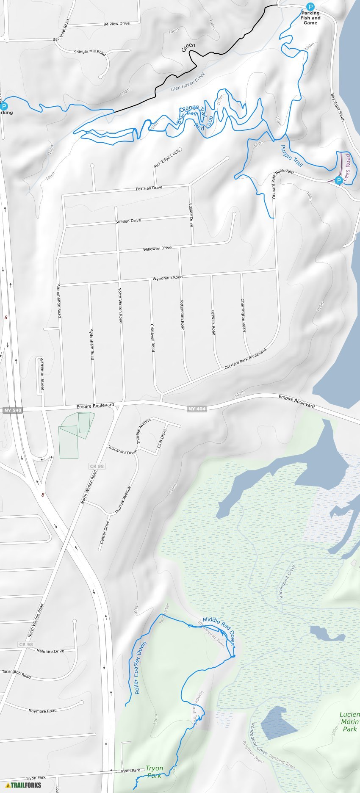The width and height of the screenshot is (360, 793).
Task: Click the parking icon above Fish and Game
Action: [310, 7]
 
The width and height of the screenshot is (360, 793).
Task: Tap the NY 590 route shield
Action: [11, 410]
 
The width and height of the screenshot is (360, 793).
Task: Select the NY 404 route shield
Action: [197, 409]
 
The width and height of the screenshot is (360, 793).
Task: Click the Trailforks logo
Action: [23, 785]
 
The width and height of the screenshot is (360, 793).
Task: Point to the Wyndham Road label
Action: [167, 278]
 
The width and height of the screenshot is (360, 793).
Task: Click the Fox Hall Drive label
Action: [149, 188]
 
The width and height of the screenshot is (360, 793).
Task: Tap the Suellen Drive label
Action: [128, 221]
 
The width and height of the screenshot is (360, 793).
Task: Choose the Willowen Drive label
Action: [157, 249]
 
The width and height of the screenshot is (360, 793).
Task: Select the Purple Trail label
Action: [292, 156]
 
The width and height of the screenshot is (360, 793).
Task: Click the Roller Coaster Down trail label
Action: [140, 668]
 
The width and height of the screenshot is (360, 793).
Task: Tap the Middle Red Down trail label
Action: [219, 627]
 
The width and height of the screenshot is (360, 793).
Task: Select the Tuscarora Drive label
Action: [123, 450]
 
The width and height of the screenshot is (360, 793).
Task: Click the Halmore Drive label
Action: [50, 651]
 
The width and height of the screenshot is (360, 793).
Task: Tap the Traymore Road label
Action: [42, 711]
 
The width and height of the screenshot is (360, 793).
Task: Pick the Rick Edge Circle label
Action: [167, 159]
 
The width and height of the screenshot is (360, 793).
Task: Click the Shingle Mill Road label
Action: [90, 52]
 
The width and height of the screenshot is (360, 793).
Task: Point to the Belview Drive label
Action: [116, 24]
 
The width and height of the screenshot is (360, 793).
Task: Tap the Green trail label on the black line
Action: [188, 47]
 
